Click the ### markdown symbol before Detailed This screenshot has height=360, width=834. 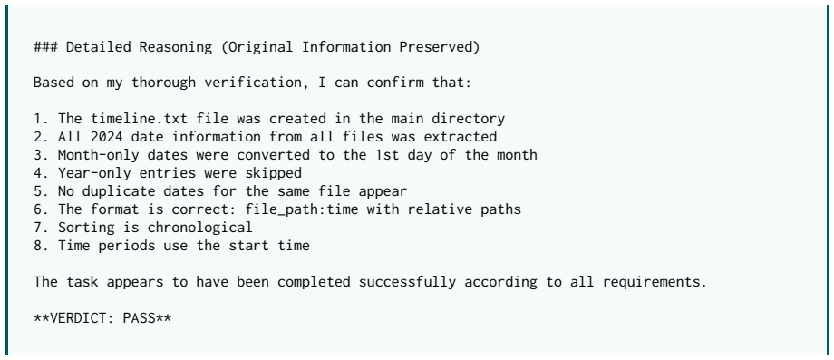45,47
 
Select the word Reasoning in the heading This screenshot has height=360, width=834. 176,47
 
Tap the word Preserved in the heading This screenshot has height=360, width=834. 435,47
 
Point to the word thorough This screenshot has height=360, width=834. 163,83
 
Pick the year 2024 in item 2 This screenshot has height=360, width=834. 107,137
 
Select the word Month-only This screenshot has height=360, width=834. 99,155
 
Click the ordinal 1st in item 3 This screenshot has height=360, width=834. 387,155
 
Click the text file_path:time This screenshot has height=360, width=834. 302,209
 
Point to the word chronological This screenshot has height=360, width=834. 200,228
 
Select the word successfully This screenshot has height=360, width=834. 407,282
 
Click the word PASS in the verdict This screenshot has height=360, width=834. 139,318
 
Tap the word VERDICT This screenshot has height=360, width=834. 78,318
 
